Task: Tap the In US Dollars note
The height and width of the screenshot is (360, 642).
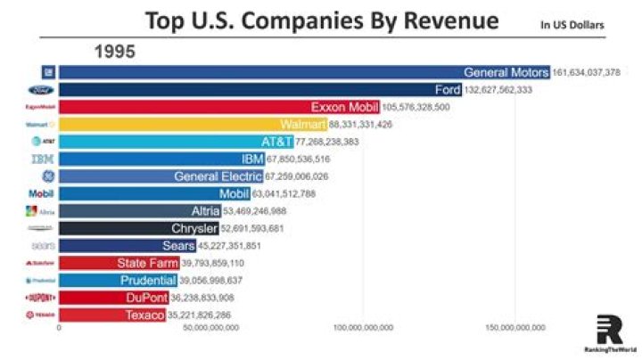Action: click(x=572, y=25)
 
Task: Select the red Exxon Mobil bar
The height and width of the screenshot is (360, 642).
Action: click(x=219, y=107)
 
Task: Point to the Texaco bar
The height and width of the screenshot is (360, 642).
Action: click(x=112, y=315)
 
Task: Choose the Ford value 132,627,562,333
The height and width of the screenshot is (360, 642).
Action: click(x=509, y=90)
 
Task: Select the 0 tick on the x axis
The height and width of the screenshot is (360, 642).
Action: click(x=60, y=328)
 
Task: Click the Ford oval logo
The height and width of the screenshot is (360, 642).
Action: click(x=43, y=90)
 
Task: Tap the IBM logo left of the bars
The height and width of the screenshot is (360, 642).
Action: click(x=43, y=160)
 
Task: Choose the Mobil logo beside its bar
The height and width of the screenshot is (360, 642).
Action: click(x=43, y=193)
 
